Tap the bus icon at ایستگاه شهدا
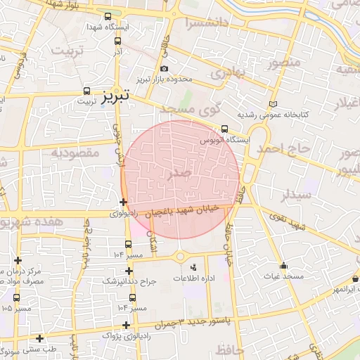107,17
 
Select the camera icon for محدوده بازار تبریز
165,68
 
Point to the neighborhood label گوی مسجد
191,108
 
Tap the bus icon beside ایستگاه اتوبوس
224,129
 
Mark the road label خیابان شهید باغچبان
184,210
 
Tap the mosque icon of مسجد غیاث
283,266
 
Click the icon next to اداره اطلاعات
194,267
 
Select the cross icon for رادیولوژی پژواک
126,325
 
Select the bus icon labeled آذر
117,41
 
